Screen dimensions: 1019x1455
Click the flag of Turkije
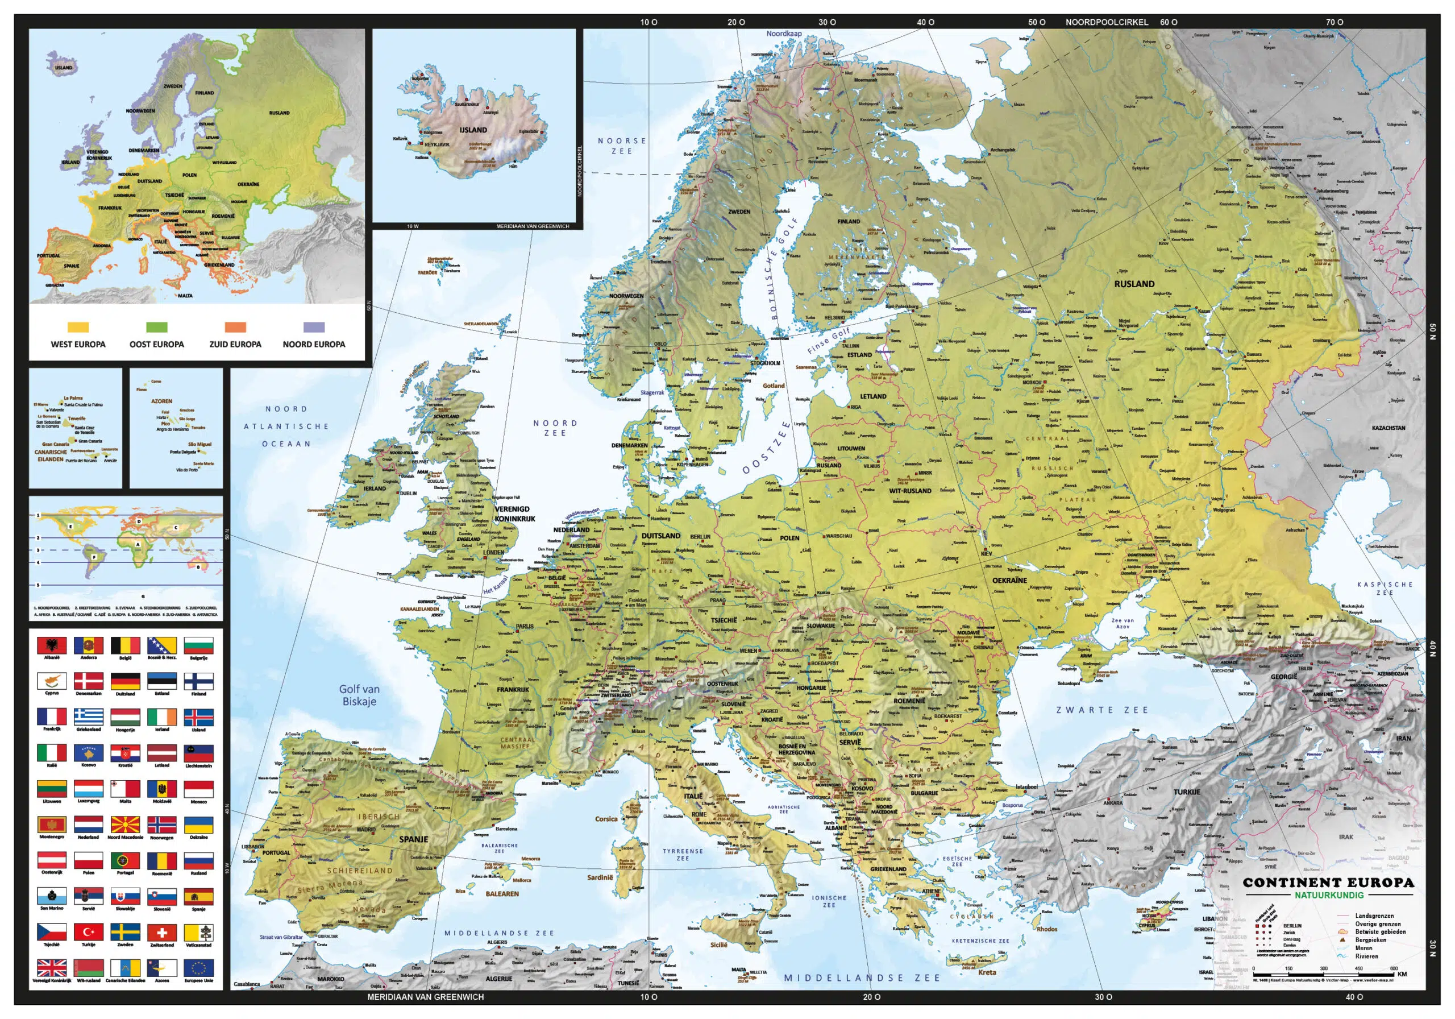pos(89,931)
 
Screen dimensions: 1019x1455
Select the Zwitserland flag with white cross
pos(162,931)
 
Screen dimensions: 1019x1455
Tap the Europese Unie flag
pos(199,967)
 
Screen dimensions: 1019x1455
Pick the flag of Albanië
pos(52,645)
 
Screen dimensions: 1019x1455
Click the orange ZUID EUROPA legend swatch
pos(235,327)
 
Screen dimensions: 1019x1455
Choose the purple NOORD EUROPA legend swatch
pos(314,327)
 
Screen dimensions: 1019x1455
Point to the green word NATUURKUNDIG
pos(1328,896)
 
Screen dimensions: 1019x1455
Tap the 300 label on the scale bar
pos(1323,968)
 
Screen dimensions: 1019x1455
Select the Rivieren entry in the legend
pos(1366,956)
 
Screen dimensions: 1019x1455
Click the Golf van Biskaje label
pos(359,695)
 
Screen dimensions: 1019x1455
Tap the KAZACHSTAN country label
pos(1389,428)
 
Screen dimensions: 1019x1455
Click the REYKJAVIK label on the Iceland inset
pos(436,144)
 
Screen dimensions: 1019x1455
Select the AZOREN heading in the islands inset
pos(161,401)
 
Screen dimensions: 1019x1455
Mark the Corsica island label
pos(606,819)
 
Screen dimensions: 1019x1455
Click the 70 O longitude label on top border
pos(1334,22)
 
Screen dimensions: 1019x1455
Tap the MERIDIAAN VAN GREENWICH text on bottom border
pos(425,997)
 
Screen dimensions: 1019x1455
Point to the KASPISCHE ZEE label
pos(1385,588)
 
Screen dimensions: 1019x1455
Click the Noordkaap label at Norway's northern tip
pos(784,34)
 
